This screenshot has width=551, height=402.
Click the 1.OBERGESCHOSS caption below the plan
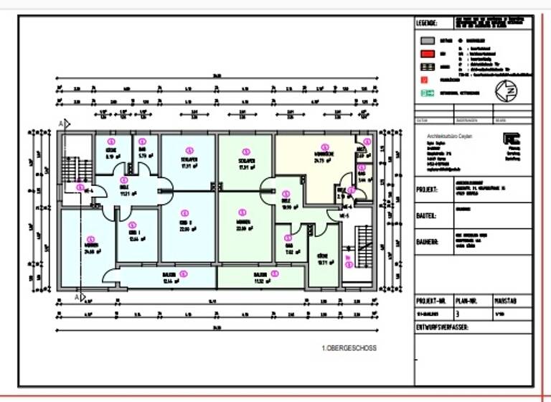(x=349, y=348)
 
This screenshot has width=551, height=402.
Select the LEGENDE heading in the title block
(x=428, y=23)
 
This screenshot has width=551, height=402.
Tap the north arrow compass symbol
(x=506, y=92)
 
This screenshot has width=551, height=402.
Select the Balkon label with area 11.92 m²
(x=259, y=279)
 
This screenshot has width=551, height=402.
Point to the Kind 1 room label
(x=134, y=238)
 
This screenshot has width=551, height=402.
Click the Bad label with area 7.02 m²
(x=290, y=249)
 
